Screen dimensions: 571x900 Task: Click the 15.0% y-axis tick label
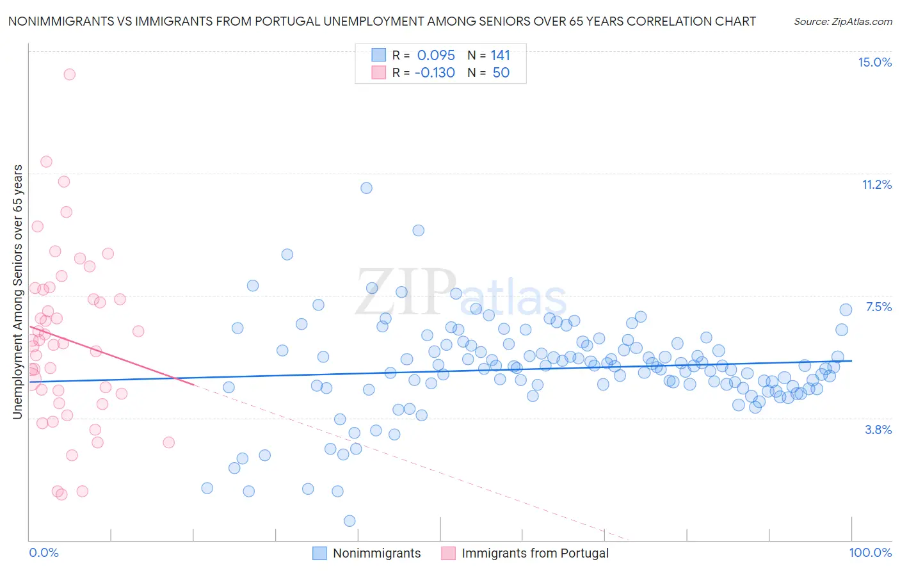coord(874,62)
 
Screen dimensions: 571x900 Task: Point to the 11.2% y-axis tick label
coord(876,184)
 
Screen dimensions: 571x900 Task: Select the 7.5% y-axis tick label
coord(878,307)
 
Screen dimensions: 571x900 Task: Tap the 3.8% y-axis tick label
coord(878,430)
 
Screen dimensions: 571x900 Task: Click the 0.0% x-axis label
coord(44,552)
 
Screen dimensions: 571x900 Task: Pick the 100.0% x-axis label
coord(870,552)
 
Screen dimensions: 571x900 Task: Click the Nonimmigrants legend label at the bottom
coord(376,553)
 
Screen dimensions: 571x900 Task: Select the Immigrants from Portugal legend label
coord(534,553)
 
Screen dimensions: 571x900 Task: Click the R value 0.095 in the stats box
coord(436,55)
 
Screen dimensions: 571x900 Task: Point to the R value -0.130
coord(435,72)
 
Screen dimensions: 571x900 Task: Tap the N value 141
coord(501,55)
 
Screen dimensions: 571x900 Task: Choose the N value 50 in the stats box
coord(501,72)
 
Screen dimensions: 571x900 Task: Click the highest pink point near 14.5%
coord(69,74)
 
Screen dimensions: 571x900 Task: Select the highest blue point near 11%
coord(366,188)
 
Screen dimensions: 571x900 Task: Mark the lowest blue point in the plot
coord(350,520)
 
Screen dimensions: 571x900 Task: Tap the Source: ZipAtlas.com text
coord(842,21)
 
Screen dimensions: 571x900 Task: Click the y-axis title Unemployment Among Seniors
coord(17,291)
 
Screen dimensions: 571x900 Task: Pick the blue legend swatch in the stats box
coord(379,55)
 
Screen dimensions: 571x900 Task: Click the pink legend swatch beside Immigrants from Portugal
coord(448,553)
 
